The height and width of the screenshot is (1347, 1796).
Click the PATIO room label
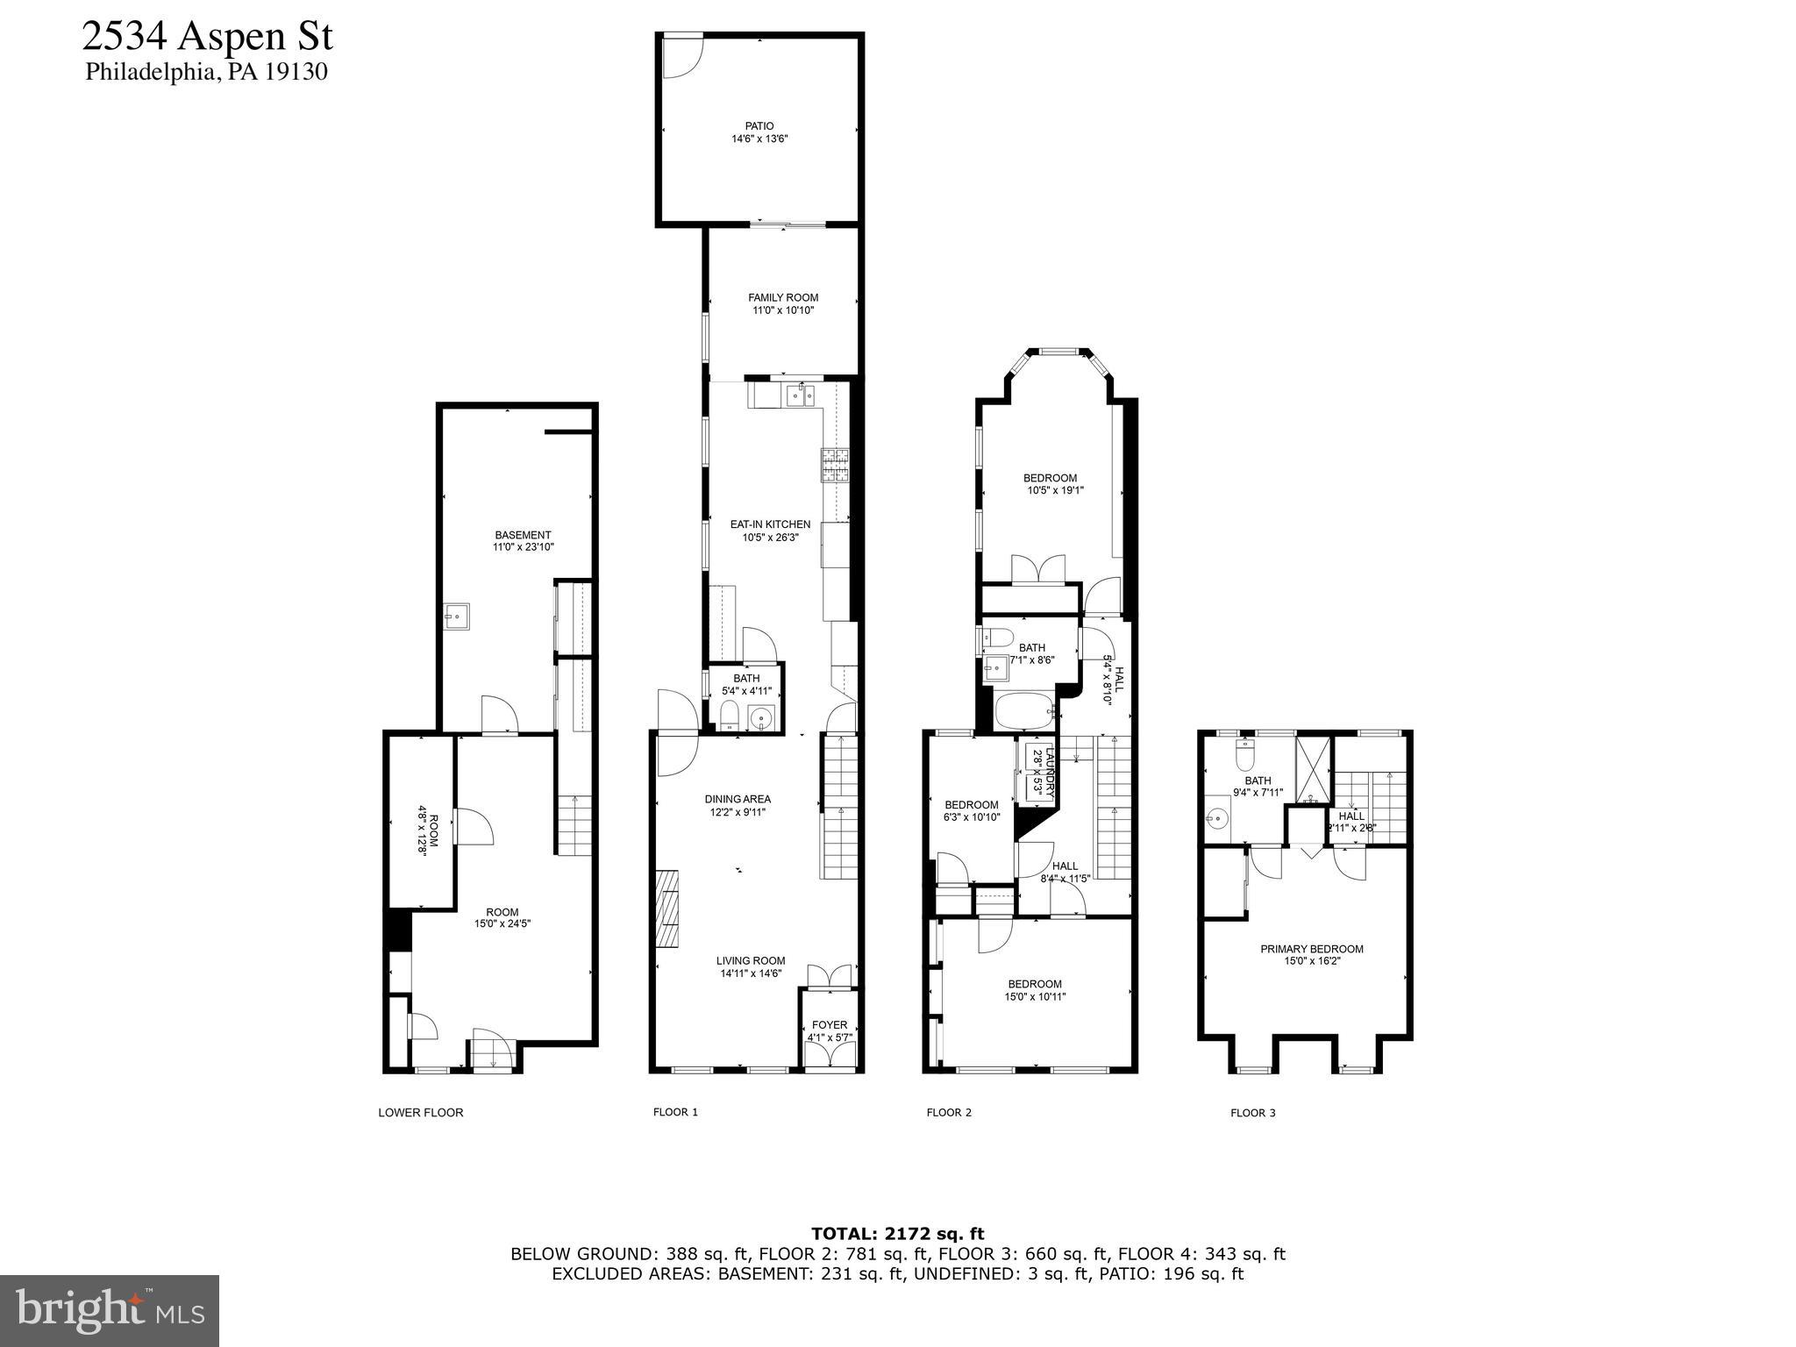point(759,126)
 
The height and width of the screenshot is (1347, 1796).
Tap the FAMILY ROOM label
point(783,298)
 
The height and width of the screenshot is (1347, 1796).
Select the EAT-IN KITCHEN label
point(770,525)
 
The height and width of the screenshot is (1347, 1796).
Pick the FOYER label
point(830,1025)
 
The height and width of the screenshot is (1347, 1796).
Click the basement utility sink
point(457,616)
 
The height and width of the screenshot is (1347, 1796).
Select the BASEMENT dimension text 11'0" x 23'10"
point(524,547)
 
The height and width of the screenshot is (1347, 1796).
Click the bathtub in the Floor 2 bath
point(1025,711)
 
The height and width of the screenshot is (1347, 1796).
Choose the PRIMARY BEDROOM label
point(1312,949)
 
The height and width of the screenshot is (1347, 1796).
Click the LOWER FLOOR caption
point(421,1113)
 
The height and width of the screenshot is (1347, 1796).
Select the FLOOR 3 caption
point(1253,1113)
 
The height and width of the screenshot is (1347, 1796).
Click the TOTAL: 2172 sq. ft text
point(898,1234)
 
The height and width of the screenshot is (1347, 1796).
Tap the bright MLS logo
point(110,1311)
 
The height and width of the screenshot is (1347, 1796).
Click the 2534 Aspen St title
point(208,37)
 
